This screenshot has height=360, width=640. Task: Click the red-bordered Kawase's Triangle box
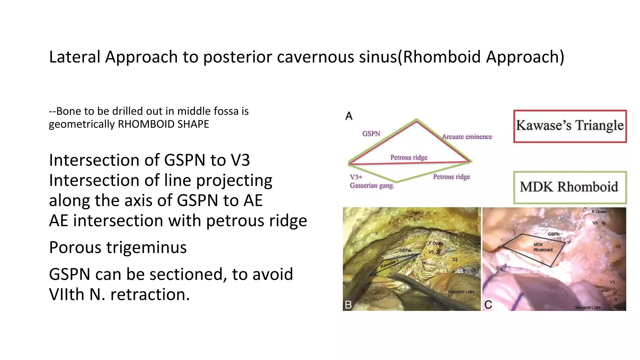pos(570,126)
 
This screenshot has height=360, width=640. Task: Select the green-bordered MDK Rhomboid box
pos(570,187)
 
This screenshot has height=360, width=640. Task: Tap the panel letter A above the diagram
pos(349,116)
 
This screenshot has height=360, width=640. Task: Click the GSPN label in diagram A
pos(371,134)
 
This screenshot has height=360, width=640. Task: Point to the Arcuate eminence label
pos(467,137)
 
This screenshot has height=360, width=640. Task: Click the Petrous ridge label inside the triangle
pos(409,157)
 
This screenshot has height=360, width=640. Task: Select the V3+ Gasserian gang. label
pos(372,181)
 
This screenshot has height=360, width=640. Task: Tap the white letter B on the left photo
pos(348,305)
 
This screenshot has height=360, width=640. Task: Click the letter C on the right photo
pos(488,305)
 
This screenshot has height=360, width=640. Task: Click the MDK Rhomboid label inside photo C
pos(543,247)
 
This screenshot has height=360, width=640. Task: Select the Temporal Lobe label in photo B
pos(461,292)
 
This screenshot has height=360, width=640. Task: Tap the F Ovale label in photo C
pos(599,212)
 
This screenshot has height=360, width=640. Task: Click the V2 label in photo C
pos(617,246)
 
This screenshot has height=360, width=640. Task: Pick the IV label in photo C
pos(615,293)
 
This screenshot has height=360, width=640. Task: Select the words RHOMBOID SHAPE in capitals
pos(163,124)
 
